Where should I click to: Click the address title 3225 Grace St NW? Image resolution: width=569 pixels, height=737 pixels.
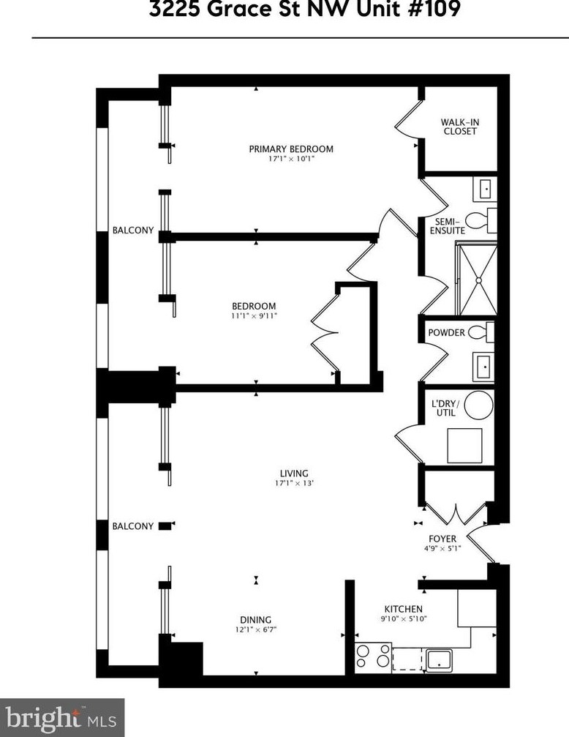pos(306,11)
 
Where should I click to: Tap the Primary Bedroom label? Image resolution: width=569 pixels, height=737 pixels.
pos(291,149)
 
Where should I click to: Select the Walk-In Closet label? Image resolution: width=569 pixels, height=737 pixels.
pos(459,127)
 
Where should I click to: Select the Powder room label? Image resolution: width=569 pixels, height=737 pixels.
pos(446,333)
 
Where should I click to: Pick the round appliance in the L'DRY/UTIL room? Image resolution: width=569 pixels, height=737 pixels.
pos(480,404)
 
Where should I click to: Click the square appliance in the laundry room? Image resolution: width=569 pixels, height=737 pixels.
pos(465,445)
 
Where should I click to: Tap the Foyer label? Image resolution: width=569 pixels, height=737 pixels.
pos(442,539)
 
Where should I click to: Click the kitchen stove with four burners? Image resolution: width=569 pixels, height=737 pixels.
pos(372,656)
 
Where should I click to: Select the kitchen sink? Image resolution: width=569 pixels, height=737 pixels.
pos(442,658)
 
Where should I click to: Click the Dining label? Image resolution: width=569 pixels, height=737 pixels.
pos(255,619)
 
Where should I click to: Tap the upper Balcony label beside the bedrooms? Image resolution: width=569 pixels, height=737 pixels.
pos(133,231)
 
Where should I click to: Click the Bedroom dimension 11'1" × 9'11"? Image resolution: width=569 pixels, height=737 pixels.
pos(254,316)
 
